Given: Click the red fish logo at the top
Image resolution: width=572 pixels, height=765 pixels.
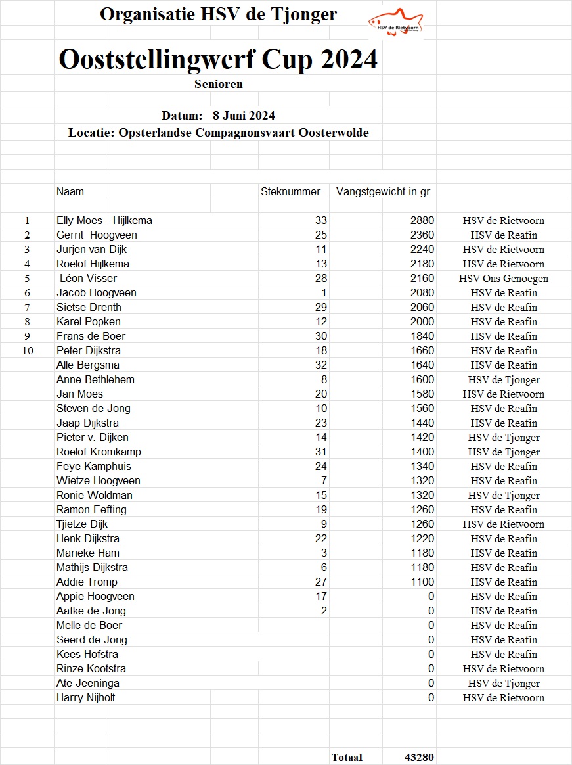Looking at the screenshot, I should point(395,22).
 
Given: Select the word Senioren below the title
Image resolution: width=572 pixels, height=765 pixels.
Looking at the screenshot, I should point(219,84).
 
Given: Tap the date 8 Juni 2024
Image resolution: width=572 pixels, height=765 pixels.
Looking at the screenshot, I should point(244,116).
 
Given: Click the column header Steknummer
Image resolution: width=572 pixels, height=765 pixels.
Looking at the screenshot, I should point(290,191).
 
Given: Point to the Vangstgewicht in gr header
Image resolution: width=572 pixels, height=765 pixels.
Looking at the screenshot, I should point(383,191).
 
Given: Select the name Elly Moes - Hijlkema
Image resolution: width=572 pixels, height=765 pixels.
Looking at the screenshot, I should point(104,221).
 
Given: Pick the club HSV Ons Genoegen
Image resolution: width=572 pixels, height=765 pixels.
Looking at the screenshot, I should point(504,279).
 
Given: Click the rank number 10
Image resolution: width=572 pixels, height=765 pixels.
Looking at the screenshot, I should point(28,351).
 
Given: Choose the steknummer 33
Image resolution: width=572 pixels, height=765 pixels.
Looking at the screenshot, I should point(321,221).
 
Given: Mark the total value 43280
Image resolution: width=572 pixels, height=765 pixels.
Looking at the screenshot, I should point(419,758).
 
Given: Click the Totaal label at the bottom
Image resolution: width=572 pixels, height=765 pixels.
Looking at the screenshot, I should point(347,758).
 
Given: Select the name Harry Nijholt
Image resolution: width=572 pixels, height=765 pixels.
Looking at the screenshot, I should point(86,698).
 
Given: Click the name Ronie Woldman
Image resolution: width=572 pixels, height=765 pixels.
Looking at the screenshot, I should point(95,496).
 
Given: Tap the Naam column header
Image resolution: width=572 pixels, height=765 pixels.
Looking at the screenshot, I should point(70,191).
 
